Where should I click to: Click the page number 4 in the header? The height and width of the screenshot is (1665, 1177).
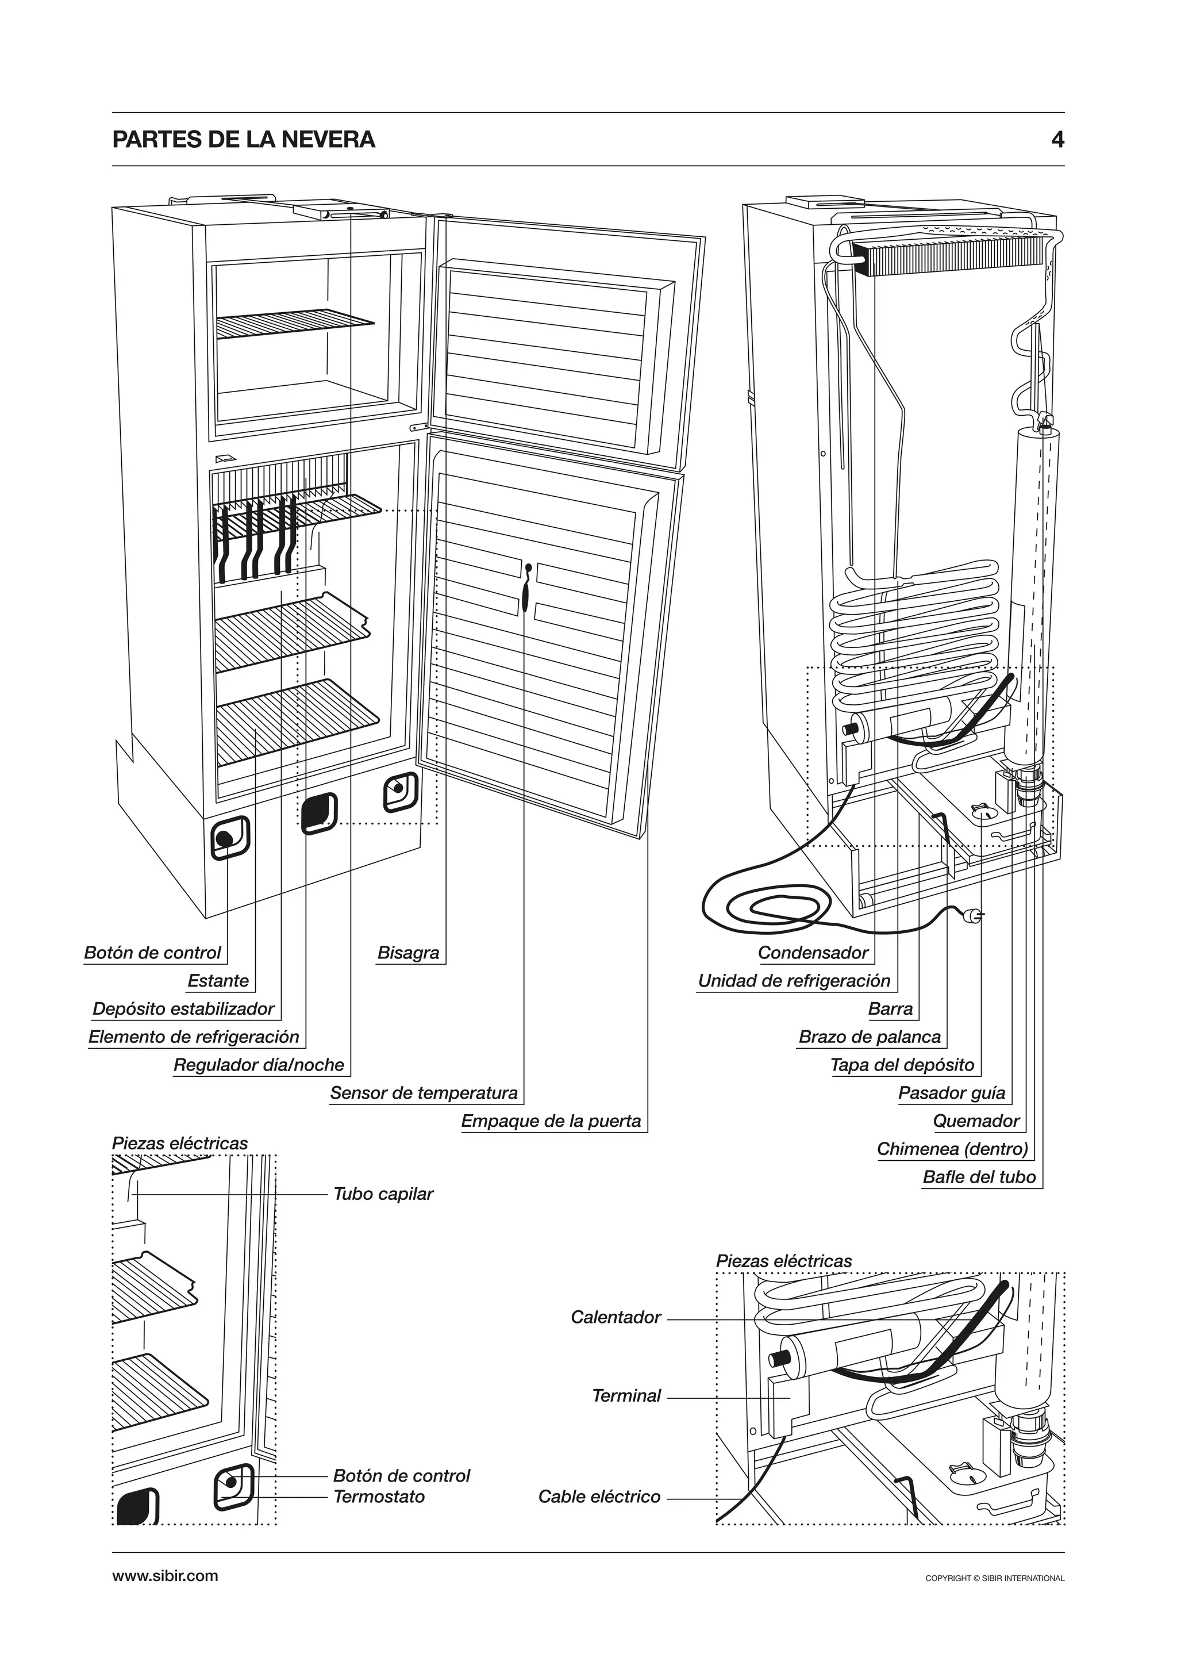tap(1057, 139)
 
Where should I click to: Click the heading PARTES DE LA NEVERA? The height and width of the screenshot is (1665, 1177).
tap(244, 139)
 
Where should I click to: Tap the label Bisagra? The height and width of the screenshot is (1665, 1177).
tap(408, 953)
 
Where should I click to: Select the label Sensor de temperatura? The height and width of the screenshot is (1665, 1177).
tap(424, 1093)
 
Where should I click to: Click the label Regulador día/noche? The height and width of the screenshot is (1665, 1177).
tap(259, 1065)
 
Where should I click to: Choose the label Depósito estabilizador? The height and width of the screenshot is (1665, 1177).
tap(183, 1009)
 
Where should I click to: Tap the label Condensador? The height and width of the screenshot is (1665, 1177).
tap(813, 953)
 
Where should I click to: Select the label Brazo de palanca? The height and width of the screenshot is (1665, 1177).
tap(870, 1037)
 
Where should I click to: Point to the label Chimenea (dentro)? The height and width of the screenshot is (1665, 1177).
tap(952, 1149)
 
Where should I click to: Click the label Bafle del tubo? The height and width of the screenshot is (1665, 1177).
tap(979, 1177)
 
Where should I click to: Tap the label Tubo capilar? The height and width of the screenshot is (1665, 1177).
tap(383, 1194)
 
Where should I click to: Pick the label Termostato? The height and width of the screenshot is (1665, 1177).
tap(379, 1497)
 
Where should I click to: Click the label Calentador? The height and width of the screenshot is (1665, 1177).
tap(616, 1317)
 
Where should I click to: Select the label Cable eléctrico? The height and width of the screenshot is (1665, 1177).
tap(599, 1497)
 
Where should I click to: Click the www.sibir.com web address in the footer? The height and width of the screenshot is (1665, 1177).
tap(166, 1575)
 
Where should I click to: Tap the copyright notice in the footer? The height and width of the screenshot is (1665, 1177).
tap(994, 1578)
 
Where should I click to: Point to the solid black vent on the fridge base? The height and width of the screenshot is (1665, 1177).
tap(319, 814)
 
